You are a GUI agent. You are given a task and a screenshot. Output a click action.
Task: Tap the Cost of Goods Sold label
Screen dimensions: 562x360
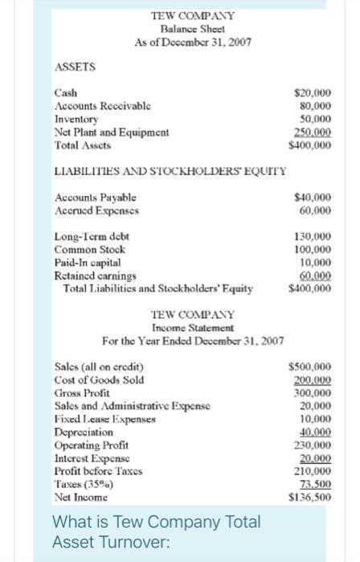tap(99, 381)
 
